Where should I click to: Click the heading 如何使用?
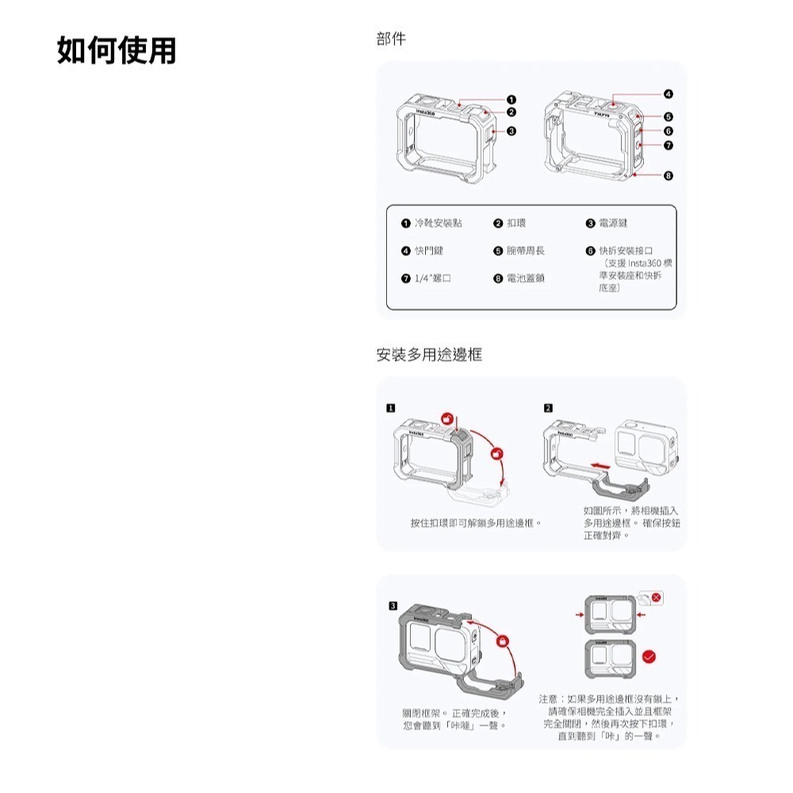[117, 50]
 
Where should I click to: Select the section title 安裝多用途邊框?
[429, 354]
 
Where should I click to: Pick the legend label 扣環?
[518, 224]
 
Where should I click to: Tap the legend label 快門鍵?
[428, 251]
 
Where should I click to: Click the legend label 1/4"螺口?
[432, 278]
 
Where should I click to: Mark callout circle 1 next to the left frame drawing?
[511, 99]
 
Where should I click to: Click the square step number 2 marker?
[548, 408]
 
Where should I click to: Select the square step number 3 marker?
[390, 606]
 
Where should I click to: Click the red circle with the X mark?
[656, 596]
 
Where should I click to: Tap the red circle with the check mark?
[649, 656]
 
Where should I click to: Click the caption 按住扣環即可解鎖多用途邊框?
[471, 523]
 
